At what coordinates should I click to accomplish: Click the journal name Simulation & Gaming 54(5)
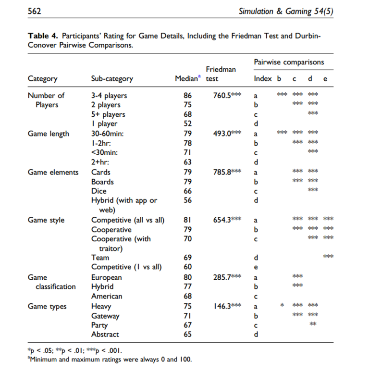coord(286,11)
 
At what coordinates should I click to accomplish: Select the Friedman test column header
coord(221,74)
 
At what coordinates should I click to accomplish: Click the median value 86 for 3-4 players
coord(187,96)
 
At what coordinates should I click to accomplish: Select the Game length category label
coord(49,134)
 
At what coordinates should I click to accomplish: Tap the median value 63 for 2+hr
coord(187,162)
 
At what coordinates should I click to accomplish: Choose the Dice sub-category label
coord(99,191)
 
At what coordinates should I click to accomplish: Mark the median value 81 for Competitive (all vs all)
coord(187,220)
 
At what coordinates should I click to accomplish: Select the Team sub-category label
coord(100,258)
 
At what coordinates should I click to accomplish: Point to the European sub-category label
coord(107,277)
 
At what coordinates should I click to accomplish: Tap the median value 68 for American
coord(187,297)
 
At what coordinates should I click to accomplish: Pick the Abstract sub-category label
coord(105,335)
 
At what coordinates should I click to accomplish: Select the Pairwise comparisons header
coord(289,62)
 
